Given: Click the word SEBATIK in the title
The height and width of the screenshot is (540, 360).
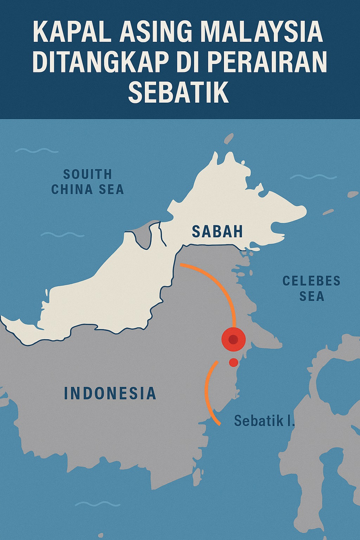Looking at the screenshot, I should click(x=179, y=92).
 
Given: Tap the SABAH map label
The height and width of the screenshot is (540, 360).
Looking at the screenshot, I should click(x=217, y=231).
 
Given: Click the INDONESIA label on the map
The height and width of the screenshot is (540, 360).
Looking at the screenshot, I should click(x=110, y=393).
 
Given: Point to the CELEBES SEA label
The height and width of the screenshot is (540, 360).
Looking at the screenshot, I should click(x=311, y=288).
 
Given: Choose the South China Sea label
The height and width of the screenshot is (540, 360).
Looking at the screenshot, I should click(x=88, y=182).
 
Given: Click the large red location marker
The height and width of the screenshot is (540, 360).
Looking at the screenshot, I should click(x=233, y=340).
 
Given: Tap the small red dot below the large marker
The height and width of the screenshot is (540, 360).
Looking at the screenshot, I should click(x=233, y=362).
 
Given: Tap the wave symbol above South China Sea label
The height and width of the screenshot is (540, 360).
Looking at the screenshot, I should click(x=37, y=150).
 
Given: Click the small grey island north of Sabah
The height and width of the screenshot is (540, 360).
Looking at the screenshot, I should click(x=229, y=138).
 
